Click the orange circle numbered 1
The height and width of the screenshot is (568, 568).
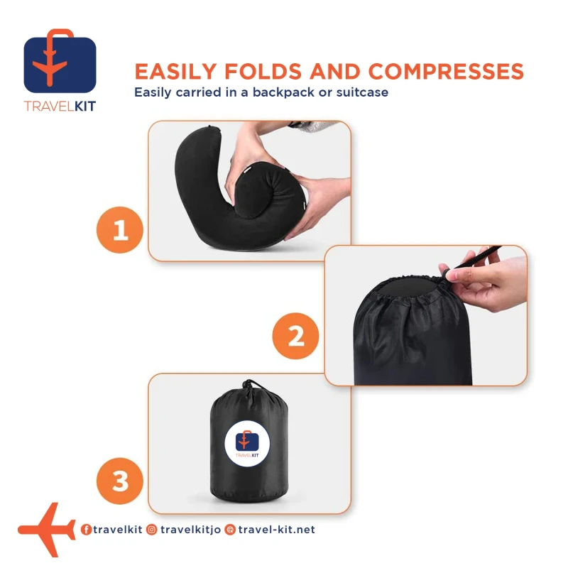point(120,229)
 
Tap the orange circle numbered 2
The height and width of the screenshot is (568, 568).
point(295,336)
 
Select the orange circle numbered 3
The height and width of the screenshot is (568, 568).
point(120,481)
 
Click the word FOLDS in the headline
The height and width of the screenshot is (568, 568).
point(263,71)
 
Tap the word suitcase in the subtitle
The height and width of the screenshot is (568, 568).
point(362,92)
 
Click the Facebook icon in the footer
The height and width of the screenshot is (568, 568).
point(86,530)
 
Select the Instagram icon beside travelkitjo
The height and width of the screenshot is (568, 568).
point(152,530)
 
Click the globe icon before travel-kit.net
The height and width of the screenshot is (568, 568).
point(229,530)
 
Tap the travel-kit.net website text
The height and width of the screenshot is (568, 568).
point(276,530)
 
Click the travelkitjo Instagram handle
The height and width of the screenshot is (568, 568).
point(190,530)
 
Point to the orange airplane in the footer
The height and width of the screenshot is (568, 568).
point(46,530)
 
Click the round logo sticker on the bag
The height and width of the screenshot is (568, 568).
point(247,443)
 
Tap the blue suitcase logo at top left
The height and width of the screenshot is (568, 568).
point(60,62)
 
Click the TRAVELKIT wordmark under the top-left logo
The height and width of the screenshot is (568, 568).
point(60,106)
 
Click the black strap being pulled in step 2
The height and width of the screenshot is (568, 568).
point(476,258)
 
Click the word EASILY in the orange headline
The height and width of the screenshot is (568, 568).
point(175,71)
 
